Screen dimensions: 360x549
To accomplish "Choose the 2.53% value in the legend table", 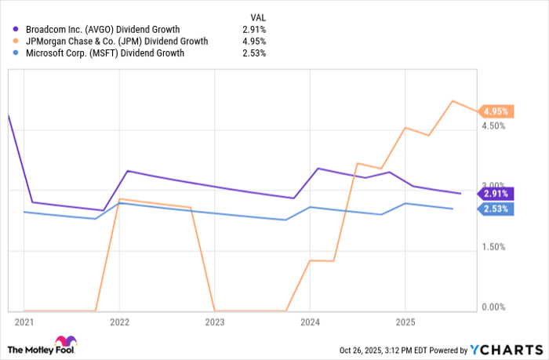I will point(254,53).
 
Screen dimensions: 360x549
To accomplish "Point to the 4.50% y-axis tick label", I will point(493,125).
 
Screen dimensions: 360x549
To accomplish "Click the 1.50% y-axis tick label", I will point(493,247).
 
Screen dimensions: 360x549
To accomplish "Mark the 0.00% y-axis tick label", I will point(493,307).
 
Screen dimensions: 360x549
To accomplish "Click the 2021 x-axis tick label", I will point(24,322).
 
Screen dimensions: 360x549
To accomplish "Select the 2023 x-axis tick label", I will point(214,322).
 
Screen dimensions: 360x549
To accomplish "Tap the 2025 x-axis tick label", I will point(405,322).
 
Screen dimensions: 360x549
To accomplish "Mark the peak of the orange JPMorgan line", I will point(453,100).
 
